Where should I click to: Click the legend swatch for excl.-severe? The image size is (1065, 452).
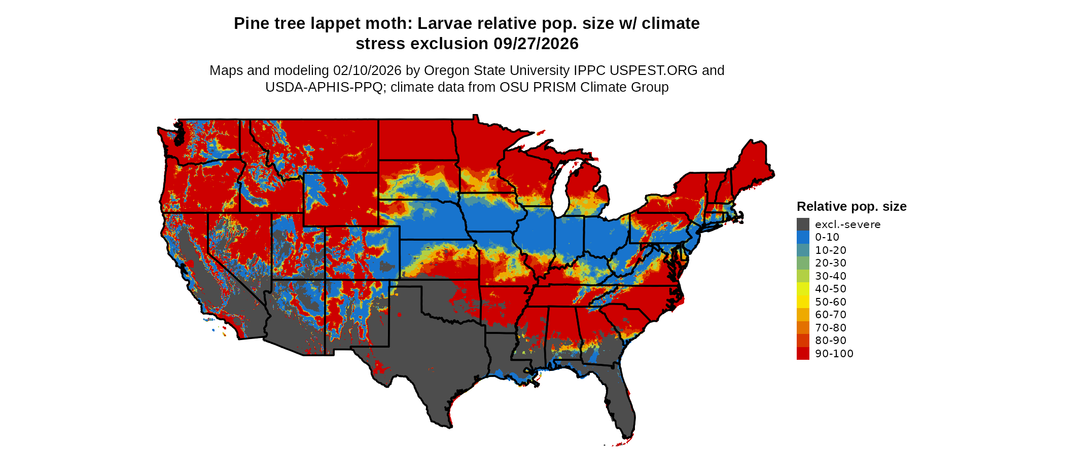(x=803, y=224)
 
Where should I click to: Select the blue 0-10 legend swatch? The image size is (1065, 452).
(x=803, y=237)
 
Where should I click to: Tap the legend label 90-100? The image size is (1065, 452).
(x=834, y=354)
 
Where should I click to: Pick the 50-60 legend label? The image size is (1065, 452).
(x=831, y=302)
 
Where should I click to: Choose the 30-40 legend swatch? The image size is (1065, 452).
(x=803, y=276)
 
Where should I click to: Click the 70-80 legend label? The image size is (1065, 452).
(x=831, y=328)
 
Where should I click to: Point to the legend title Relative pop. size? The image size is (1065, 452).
(x=851, y=207)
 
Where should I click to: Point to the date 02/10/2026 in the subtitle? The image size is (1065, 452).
(x=367, y=70)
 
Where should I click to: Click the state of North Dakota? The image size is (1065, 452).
(x=416, y=140)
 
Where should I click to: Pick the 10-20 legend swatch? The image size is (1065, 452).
(x=803, y=250)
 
